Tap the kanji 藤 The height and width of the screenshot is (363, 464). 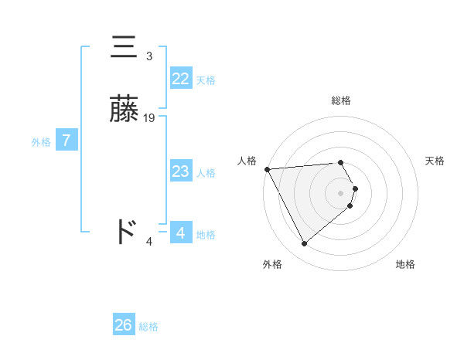[125, 111]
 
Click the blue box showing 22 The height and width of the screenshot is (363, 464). [181, 78]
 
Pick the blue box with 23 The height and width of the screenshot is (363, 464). [181, 171]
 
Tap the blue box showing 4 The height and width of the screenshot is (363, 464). [181, 232]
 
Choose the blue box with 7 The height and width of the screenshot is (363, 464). [67, 141]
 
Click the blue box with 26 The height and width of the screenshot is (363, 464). [124, 325]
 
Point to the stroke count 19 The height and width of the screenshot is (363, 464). [149, 117]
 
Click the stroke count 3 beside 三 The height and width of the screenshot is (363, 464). [149, 56]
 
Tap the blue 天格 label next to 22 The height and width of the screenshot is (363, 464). [206, 80]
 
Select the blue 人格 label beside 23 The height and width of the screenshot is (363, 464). [206, 173]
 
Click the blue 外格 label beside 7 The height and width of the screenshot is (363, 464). [41, 142]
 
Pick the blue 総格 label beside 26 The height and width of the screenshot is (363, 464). [148, 327]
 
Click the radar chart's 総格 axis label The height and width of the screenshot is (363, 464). [341, 100]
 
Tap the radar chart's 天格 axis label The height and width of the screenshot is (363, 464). [435, 161]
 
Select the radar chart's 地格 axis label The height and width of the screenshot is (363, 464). [405, 264]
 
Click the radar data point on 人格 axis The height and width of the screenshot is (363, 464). [267, 169]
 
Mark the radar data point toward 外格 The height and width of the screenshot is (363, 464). [304, 244]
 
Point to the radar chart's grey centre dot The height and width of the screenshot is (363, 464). [341, 192]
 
